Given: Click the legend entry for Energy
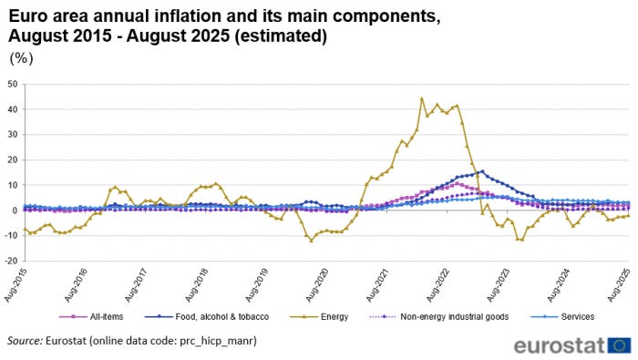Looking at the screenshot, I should tap(329, 317).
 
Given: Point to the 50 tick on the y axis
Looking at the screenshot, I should tap(13, 85).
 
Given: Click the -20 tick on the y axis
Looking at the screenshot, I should tap(11, 261).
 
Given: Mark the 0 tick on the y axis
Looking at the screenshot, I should tap(15, 211).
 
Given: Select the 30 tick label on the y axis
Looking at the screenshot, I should tap(13, 135).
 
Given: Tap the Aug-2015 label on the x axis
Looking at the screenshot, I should tap(15, 282).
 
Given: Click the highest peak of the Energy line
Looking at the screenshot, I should tap(421, 98).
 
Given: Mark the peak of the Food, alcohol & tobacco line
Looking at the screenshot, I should tap(482, 170).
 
